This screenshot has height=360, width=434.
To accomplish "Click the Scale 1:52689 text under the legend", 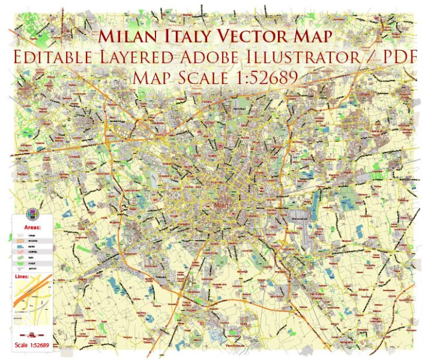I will point(31,345).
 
